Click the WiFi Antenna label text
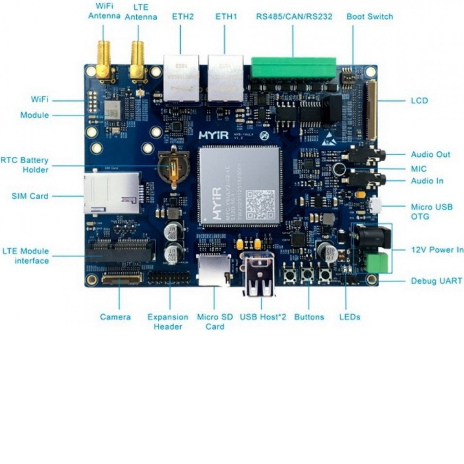(104, 11)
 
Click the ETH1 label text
(226, 16)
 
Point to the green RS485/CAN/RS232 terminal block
(293, 68)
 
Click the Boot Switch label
(369, 16)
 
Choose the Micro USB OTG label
(431, 212)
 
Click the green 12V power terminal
(375, 263)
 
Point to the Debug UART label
(436, 281)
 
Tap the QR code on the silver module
(261, 204)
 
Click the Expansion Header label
(168, 322)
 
